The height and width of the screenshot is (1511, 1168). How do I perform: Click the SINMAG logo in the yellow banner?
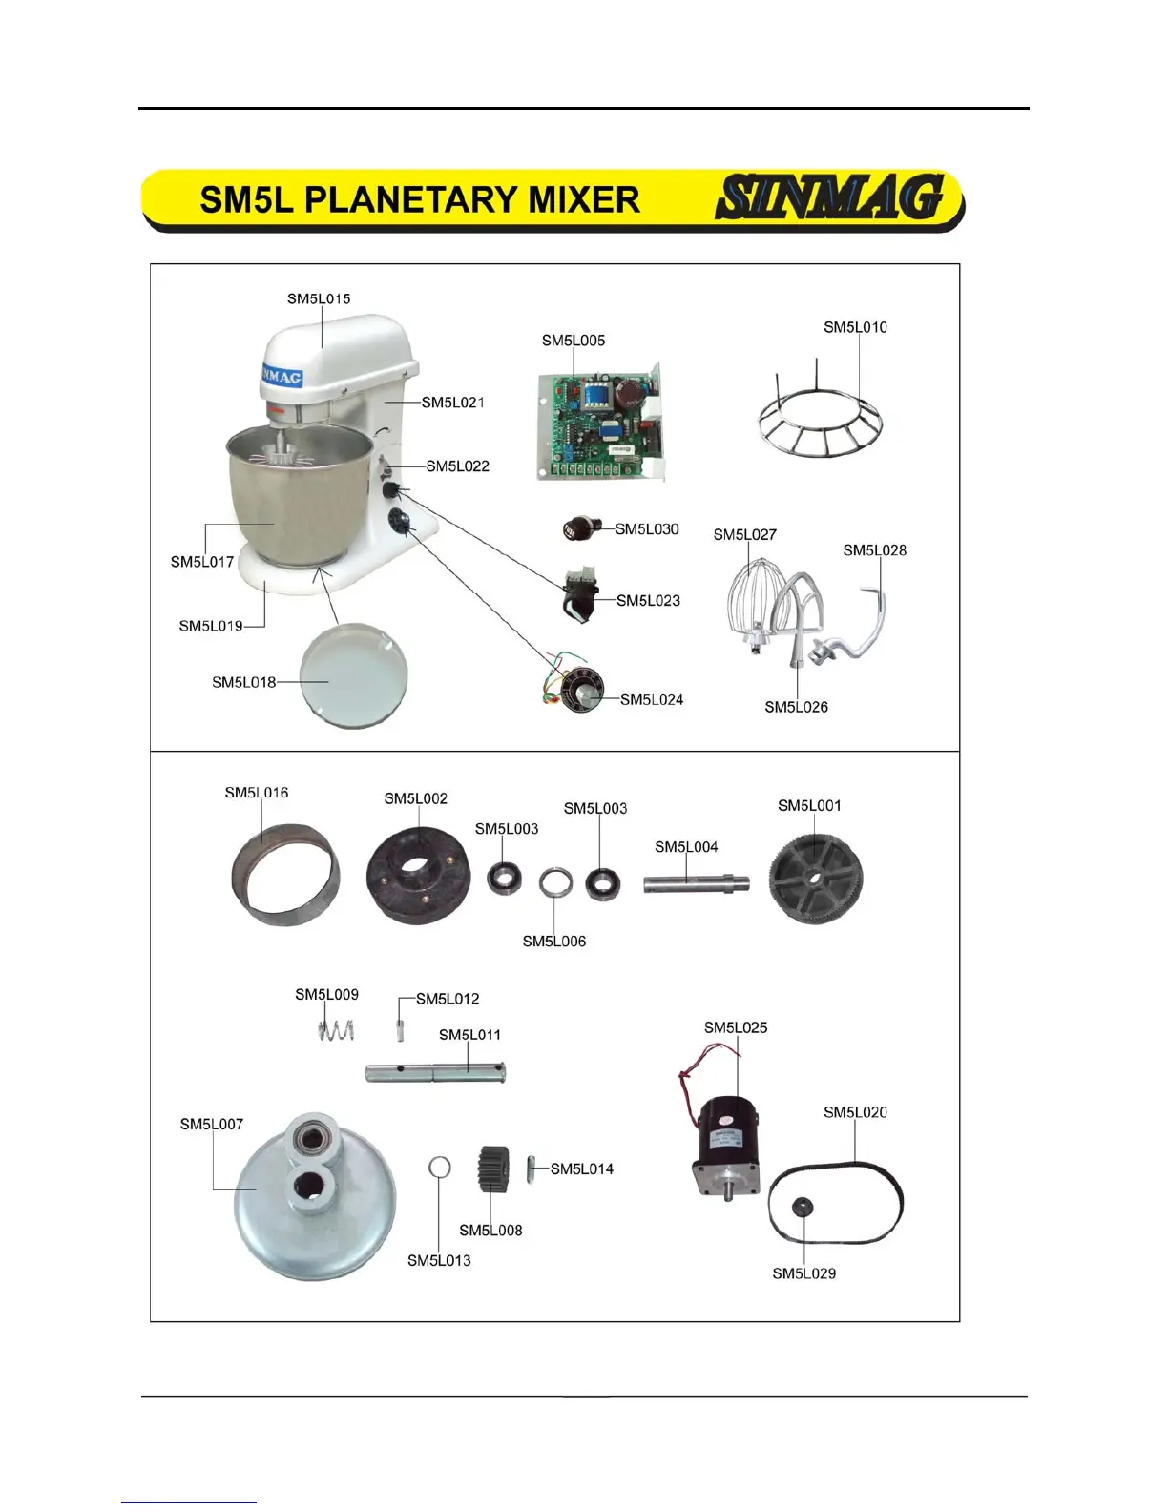point(830,197)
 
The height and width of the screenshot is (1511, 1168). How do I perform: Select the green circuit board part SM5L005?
point(598,424)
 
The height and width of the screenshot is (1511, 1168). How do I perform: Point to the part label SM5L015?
point(319,299)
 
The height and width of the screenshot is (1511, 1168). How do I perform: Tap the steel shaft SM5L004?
point(695,883)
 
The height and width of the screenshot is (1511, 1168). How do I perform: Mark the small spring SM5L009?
point(336,1030)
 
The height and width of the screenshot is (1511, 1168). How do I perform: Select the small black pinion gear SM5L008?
point(492,1169)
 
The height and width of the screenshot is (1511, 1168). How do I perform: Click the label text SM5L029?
point(803,1273)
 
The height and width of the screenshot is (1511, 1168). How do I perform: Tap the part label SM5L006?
point(554,942)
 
